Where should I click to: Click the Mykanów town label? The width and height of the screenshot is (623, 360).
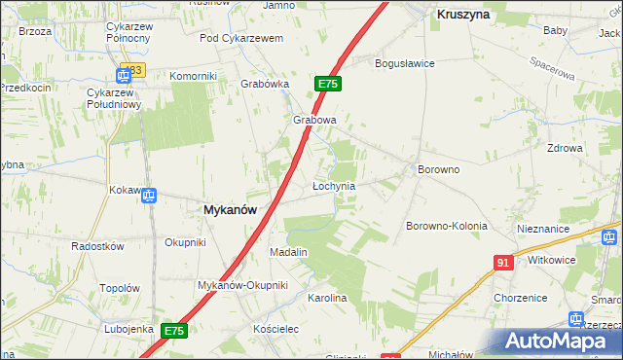230,209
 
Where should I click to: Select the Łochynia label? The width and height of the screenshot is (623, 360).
333,185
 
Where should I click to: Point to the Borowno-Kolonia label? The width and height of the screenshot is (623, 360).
446,226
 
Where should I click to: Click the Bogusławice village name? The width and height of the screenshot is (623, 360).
405,63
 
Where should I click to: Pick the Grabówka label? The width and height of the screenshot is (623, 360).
266,84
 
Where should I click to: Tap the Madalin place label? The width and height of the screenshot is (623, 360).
288,252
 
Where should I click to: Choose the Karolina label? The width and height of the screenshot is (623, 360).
327,298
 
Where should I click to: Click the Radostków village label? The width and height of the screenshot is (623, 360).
98,246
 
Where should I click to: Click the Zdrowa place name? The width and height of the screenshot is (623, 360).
565,148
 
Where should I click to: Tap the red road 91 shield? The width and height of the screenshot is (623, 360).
503,263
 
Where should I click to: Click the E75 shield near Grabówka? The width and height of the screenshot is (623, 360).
327,85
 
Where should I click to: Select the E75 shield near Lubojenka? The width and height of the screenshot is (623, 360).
173,331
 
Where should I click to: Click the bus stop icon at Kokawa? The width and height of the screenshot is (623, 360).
149,197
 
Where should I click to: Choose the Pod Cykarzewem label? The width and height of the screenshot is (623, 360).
240,38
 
